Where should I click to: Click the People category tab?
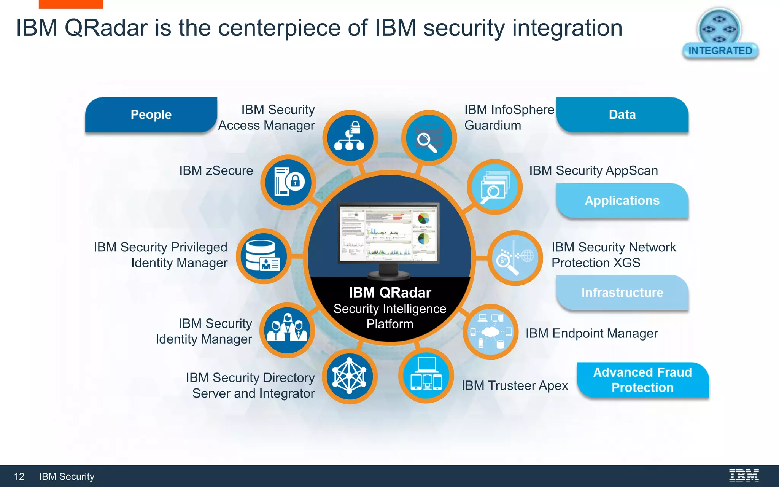pos(151,115)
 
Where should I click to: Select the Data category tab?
pos(622,115)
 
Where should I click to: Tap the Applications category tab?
pos(622,201)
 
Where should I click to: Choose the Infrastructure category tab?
pos(622,293)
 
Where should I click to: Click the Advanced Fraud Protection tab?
pos(642,380)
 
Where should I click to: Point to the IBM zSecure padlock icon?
pos(288,182)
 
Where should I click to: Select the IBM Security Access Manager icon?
pos(350,137)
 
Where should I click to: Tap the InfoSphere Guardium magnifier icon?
pos(429,138)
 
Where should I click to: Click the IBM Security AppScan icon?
pos(494,187)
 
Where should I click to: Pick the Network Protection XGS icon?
pos(515,258)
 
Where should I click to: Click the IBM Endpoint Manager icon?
pos(490,332)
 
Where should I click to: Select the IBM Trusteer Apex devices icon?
pos(426,375)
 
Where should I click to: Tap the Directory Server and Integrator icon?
pos(350,376)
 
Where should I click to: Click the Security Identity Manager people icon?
pos(287,330)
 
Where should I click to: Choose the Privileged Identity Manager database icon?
pos(263,256)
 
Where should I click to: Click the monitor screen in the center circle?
pos(388,233)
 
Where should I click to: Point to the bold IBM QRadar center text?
pos(390,293)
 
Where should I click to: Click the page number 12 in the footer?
pos(19,476)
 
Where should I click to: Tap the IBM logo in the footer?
pos(744,476)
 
